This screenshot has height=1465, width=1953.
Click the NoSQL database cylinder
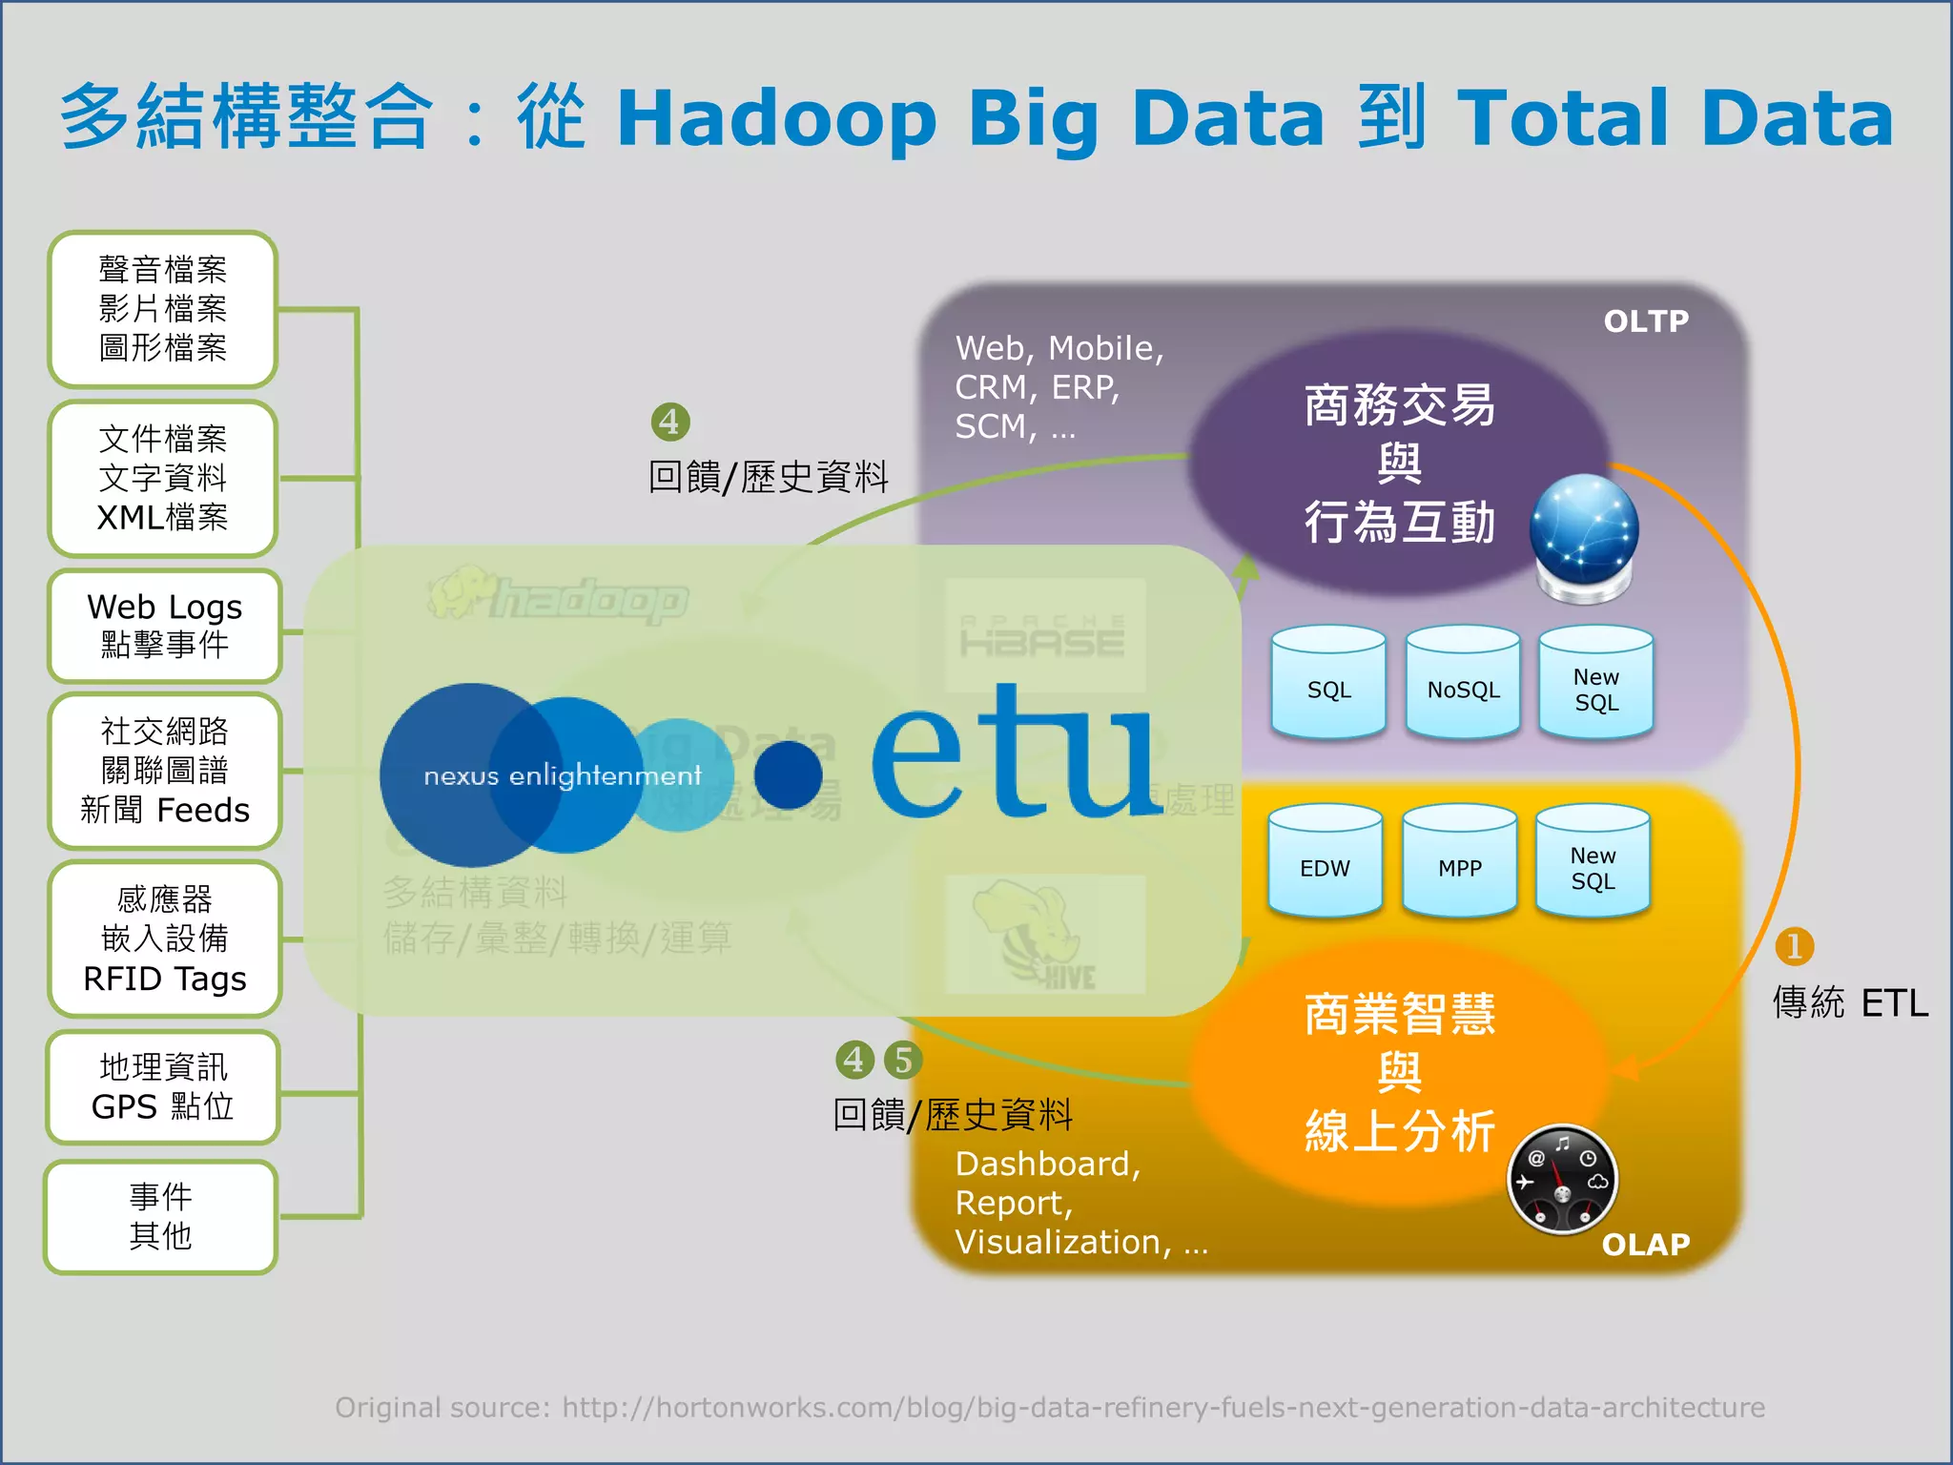1463,683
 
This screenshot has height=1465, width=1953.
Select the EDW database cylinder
1325,861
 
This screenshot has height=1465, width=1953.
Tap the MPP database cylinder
1459,861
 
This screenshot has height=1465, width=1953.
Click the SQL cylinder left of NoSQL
1328,683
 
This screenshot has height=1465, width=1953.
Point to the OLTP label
1646,321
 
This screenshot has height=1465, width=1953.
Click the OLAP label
1646,1244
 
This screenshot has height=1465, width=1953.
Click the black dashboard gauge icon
1562,1181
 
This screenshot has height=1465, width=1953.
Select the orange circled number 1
1794,946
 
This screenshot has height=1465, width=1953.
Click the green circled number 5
903,1060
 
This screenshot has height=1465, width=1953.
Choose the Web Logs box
164,626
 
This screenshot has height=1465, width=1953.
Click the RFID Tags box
164,939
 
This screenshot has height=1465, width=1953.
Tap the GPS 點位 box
162,1086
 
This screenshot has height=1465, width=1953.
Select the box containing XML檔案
162,478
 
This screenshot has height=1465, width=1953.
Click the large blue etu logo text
1016,753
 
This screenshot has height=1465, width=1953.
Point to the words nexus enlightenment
563,775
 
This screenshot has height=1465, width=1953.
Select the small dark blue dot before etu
788,774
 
